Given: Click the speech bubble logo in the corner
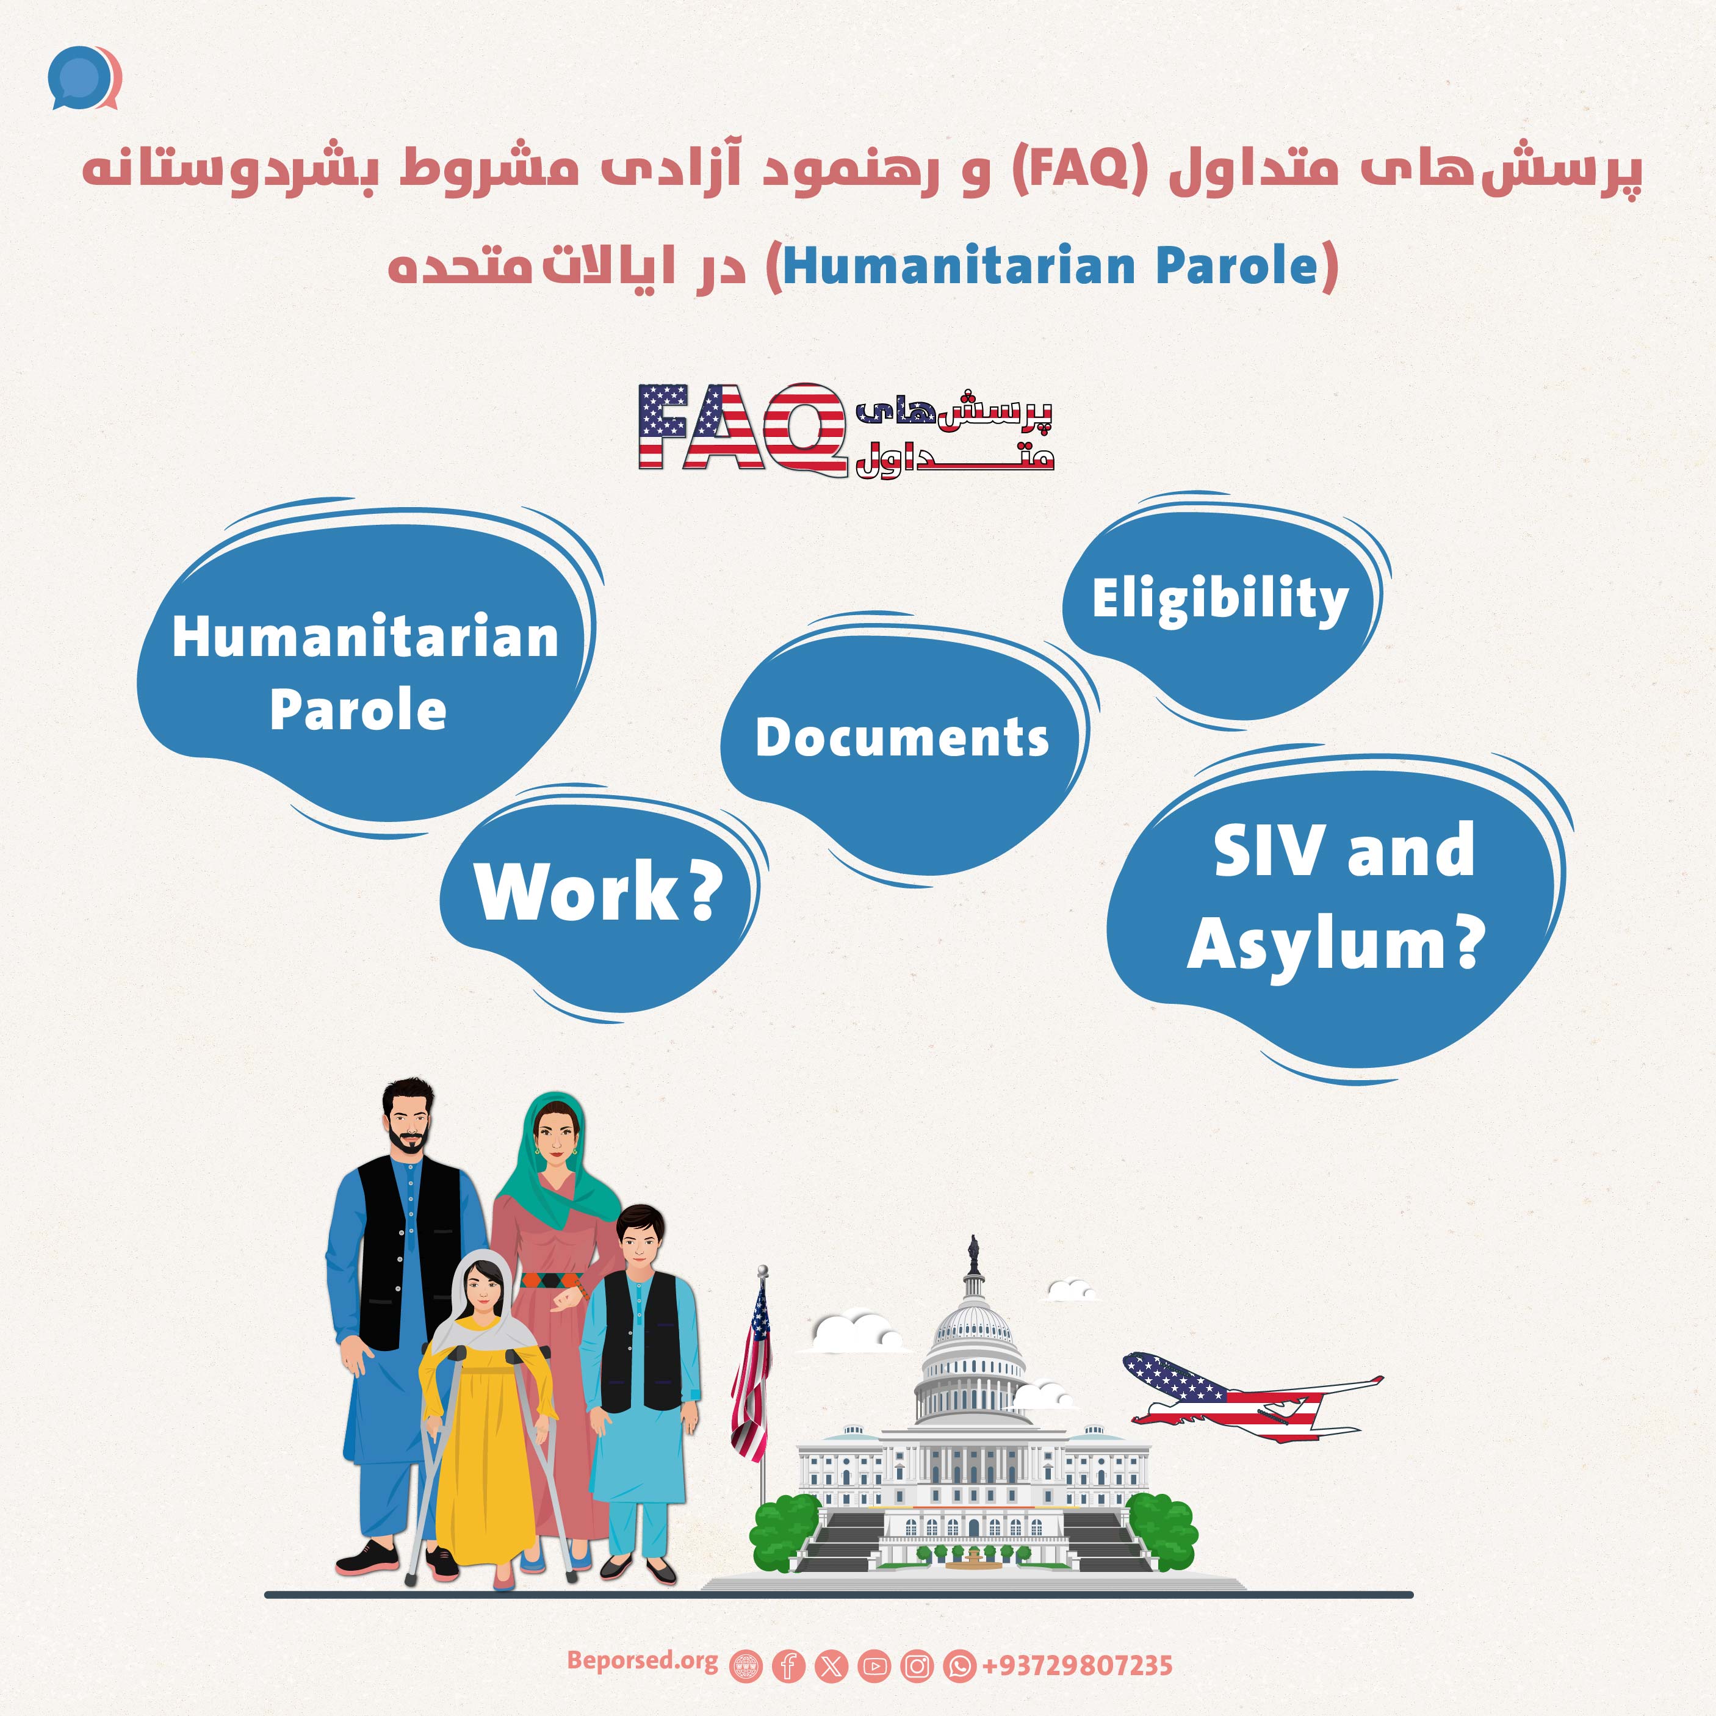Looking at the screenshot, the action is (84, 78).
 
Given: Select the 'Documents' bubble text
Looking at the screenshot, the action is (903, 737).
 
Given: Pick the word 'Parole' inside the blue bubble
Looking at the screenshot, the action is (358, 710).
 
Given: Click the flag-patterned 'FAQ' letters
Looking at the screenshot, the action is (741, 427).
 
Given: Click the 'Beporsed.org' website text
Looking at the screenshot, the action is (642, 1661).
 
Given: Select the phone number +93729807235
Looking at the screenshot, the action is (1076, 1665).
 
